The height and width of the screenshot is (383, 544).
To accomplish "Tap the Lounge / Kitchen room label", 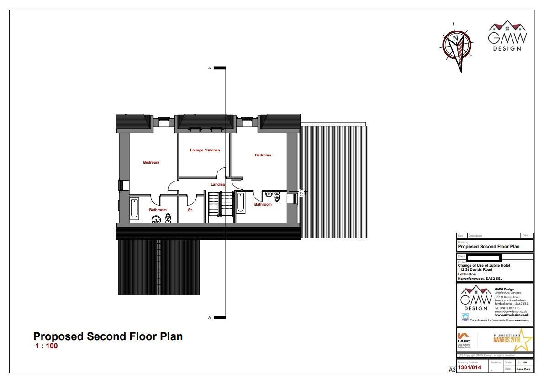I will (205, 150).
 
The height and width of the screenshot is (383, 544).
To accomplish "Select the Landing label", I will (218, 184).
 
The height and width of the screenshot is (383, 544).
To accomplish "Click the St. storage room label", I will (190, 210).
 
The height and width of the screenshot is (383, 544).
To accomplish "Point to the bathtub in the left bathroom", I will (134, 209).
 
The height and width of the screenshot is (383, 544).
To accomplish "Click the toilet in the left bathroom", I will (168, 218).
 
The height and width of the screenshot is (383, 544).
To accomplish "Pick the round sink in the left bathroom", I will (156, 219).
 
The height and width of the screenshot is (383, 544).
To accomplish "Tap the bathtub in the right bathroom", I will (240, 202).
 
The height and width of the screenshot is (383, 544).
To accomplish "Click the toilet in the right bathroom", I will (277, 197).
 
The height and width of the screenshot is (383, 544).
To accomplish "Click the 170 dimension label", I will (301, 192).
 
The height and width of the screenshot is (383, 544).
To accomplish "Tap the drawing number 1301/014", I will (470, 367).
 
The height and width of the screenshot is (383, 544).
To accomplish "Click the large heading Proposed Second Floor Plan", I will (108, 336).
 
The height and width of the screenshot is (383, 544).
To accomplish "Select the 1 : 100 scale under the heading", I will (47, 346).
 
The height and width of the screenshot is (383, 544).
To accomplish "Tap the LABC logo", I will (464, 339).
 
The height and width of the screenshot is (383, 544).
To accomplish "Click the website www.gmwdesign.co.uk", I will (511, 315).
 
